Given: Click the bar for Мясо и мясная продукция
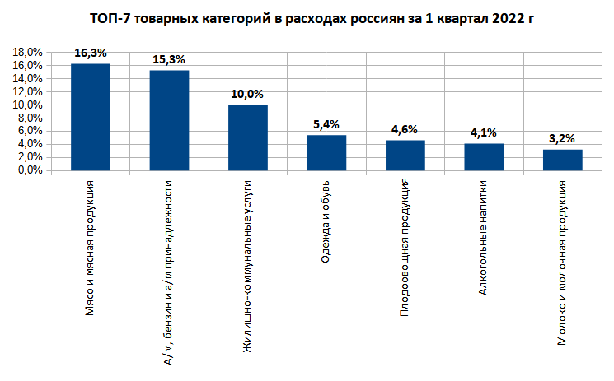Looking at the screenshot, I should pyautogui.click(x=91, y=117).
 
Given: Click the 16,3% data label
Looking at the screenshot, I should pyautogui.click(x=91, y=52).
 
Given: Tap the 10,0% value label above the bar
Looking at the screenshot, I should pyautogui.click(x=247, y=94).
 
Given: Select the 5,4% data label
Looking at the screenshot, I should pyautogui.click(x=326, y=123).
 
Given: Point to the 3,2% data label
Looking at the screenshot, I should pyautogui.click(x=563, y=138).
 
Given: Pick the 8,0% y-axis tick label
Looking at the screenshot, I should pyautogui.click(x=31, y=118).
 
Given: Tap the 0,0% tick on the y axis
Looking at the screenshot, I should pyautogui.click(x=31, y=170).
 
